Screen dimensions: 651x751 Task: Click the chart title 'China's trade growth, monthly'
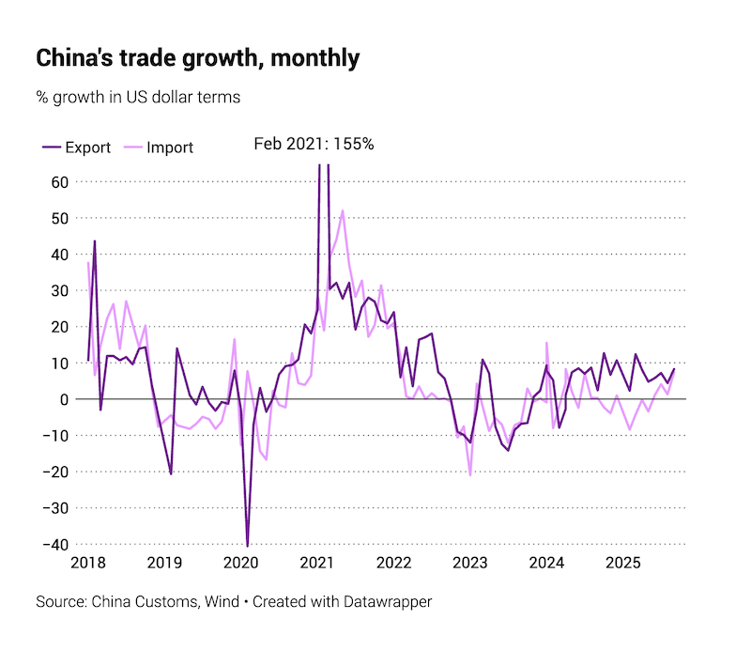(x=197, y=58)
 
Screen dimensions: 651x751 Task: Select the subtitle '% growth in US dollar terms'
(x=138, y=97)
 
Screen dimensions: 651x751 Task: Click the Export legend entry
(x=76, y=147)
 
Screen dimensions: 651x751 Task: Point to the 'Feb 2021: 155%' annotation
(x=314, y=145)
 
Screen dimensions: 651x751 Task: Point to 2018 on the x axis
(x=88, y=564)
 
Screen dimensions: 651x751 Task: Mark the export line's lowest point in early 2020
(x=248, y=545)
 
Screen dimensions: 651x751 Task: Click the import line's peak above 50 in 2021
(x=343, y=210)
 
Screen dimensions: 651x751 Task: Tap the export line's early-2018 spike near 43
(x=95, y=241)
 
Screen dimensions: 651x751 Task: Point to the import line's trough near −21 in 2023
(x=470, y=474)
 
